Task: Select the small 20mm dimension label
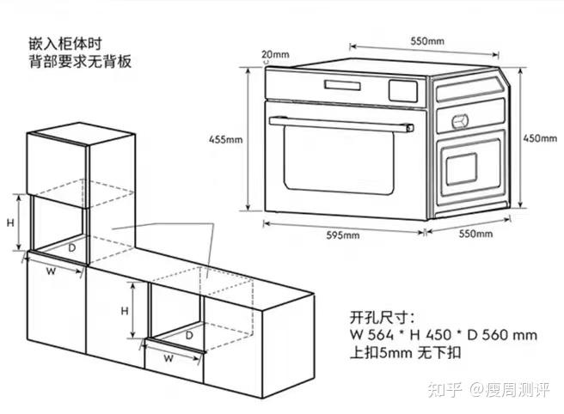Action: click(275, 54)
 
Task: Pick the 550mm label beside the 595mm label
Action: click(475, 234)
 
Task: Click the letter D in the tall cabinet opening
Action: click(73, 247)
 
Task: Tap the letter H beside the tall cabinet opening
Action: click(11, 222)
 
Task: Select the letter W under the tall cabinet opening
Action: click(51, 272)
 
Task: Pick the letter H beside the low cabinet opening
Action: click(125, 310)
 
